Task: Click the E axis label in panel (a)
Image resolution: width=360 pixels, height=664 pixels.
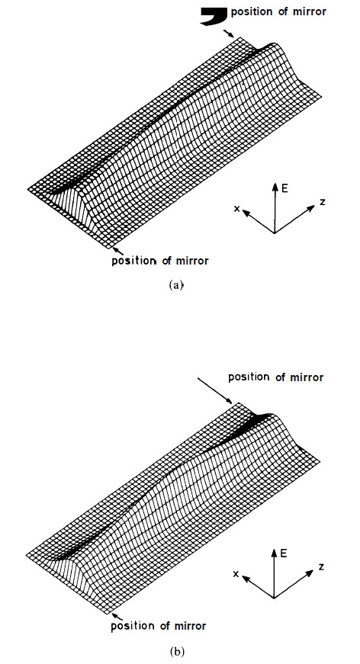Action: click(x=284, y=188)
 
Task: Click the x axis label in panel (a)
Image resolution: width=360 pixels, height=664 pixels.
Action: click(x=237, y=208)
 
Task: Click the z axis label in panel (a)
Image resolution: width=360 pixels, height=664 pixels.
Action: click(x=323, y=202)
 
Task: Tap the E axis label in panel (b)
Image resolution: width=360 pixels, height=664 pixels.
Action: click(x=284, y=553)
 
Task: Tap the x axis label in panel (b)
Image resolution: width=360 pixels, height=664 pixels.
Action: click(x=236, y=574)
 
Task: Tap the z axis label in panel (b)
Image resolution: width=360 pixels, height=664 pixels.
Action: click(x=322, y=566)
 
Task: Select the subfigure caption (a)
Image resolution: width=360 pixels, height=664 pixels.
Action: click(x=175, y=285)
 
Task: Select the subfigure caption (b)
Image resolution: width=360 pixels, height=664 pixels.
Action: click(x=176, y=651)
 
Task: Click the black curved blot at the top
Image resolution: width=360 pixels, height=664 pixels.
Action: click(x=215, y=16)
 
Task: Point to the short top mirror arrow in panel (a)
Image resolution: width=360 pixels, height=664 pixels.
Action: click(x=228, y=34)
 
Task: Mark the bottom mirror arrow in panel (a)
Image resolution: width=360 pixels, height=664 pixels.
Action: click(x=118, y=251)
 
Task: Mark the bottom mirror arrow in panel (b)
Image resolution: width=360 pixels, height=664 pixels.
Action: click(x=117, y=616)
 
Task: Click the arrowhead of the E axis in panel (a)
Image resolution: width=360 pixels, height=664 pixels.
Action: click(x=275, y=186)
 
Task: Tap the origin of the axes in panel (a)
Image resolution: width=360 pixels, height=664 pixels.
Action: click(x=275, y=233)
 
